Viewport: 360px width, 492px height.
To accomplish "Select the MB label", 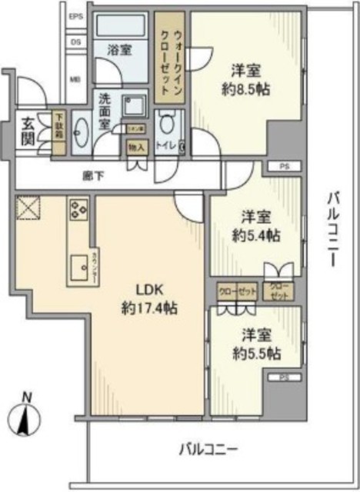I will (75, 78).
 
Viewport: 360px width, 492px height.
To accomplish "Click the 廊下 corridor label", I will (92, 175).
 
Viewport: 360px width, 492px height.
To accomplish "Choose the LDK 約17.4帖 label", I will (150, 301).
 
